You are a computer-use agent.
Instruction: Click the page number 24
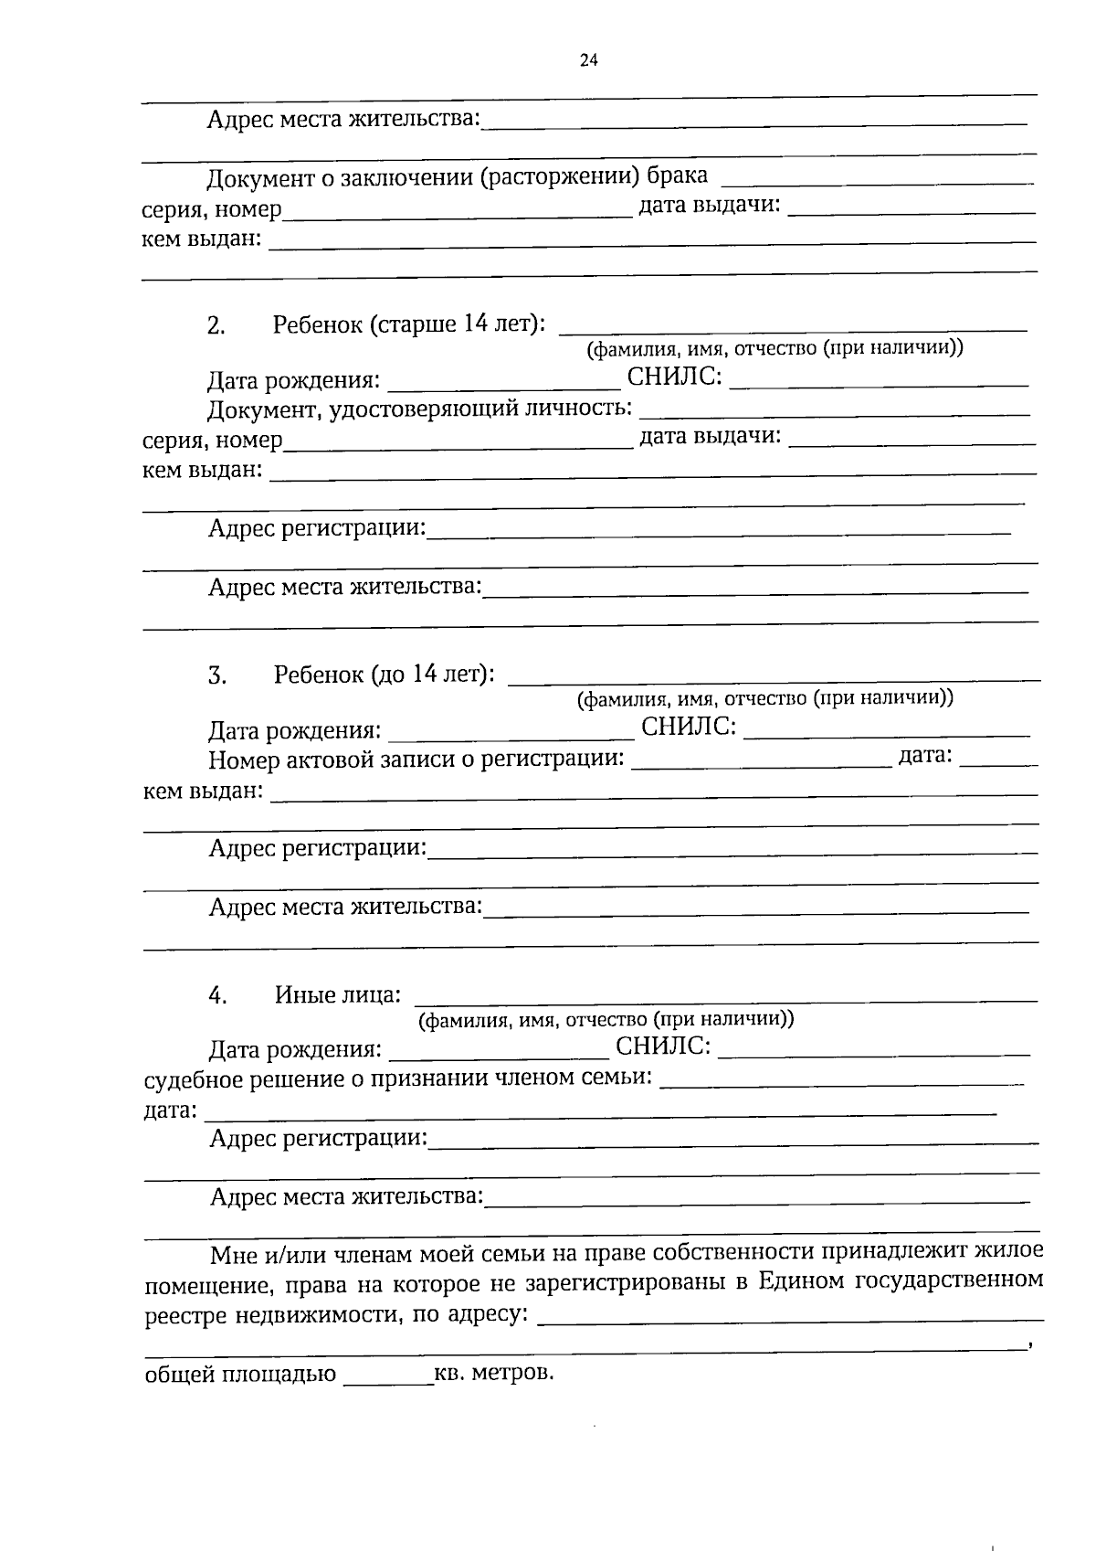[x=588, y=61]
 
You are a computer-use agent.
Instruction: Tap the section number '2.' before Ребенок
[x=216, y=326]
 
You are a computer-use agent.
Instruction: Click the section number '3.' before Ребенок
[x=216, y=676]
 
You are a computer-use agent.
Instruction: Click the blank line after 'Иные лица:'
[x=731, y=1000]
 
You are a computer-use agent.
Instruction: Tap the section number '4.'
[x=217, y=996]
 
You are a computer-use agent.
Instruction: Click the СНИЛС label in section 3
[x=689, y=727]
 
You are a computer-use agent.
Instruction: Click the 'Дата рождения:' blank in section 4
[x=494, y=1055]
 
